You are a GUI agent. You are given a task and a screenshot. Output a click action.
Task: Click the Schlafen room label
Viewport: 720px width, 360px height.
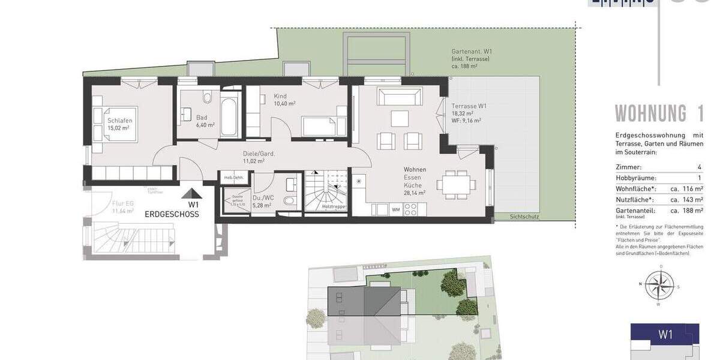click(120, 121)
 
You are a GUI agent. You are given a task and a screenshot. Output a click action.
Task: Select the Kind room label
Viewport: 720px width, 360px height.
click(280, 96)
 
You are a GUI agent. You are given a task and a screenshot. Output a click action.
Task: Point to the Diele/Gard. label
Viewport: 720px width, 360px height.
click(259, 154)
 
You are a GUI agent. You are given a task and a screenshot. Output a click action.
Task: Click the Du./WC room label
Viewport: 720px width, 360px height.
click(262, 198)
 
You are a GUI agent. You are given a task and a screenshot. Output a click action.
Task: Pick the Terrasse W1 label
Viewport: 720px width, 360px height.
click(469, 106)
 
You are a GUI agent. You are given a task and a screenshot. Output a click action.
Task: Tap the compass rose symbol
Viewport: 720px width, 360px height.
click(659, 284)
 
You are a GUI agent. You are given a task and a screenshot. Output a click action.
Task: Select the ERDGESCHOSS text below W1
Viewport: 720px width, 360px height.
click(172, 214)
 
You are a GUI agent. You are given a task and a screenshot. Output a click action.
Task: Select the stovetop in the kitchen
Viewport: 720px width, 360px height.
click(410, 209)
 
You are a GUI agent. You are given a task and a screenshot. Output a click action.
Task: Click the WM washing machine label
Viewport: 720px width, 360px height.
click(395, 209)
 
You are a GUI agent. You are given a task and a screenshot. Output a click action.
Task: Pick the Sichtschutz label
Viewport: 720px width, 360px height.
click(523, 216)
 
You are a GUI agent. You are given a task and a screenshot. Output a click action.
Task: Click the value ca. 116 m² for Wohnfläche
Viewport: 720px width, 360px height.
click(687, 189)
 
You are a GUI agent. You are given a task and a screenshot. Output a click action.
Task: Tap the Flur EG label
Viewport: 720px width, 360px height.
click(123, 203)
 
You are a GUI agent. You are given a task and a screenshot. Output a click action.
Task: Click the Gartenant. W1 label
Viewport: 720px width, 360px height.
click(471, 52)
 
